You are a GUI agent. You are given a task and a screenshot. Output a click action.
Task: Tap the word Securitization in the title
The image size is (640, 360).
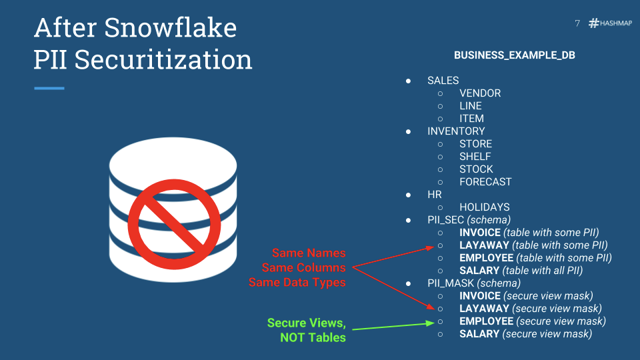(163, 59)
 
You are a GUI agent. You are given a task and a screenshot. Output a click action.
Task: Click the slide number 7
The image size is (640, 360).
(577, 23)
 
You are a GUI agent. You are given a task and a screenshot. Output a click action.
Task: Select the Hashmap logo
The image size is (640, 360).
(610, 23)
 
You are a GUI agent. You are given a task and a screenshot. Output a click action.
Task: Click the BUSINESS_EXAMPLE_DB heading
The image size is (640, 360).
(514, 55)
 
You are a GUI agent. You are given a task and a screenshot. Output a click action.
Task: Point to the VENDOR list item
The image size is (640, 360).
(480, 93)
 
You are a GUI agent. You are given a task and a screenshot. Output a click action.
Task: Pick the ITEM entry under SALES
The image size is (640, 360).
(471, 119)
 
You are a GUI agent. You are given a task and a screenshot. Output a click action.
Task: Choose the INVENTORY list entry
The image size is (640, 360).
(456, 131)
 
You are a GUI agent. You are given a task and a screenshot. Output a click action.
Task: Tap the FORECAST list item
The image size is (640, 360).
(485, 182)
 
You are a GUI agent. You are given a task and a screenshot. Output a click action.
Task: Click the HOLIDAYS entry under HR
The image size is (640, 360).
(484, 207)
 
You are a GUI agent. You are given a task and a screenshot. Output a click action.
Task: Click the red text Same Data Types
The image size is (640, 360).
(297, 283)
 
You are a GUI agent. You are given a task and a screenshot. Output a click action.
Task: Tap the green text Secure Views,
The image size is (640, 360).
(307, 323)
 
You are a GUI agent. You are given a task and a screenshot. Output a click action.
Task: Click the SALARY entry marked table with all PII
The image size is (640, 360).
(479, 271)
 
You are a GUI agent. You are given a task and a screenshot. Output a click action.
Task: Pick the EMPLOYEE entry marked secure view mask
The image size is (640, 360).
(487, 321)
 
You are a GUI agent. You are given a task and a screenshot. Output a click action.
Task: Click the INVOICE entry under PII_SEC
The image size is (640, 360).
(480, 233)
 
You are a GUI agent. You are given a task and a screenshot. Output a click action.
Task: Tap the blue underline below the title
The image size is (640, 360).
(49, 88)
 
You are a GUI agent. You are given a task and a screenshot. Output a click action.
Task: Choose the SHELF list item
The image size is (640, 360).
(475, 157)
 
